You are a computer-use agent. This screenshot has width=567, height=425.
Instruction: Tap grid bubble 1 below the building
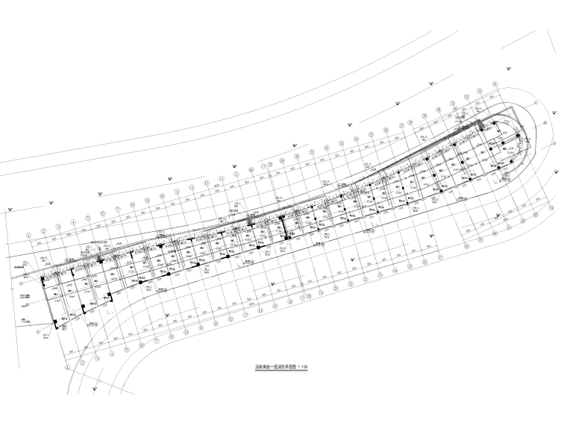point(67,368)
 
